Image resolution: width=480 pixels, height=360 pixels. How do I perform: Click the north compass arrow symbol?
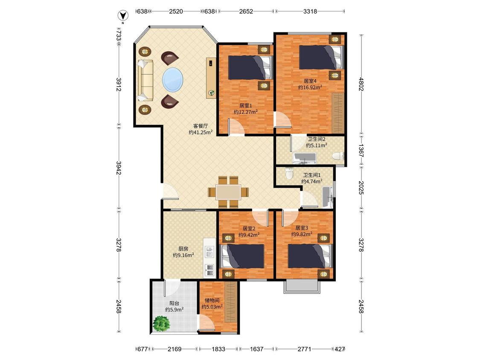click(x=123, y=16)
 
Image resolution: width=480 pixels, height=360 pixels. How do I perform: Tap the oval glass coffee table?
click(x=173, y=80)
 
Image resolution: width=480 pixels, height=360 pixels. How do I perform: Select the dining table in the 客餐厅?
click(x=228, y=192)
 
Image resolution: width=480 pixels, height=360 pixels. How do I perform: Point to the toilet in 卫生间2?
click(x=337, y=156)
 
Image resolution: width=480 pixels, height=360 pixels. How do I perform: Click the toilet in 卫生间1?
click(x=289, y=174)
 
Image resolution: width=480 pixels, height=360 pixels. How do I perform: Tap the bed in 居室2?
click(x=242, y=256)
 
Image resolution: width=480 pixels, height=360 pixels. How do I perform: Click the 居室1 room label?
click(x=245, y=106)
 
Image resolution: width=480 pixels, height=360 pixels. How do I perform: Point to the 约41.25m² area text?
click(x=201, y=132)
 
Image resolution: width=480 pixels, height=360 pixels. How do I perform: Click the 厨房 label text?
click(x=183, y=249)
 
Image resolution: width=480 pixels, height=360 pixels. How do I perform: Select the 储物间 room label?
click(x=212, y=300)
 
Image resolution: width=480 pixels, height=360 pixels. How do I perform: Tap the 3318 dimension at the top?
click(x=310, y=12)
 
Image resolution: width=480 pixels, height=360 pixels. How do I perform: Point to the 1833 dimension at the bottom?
click(x=218, y=348)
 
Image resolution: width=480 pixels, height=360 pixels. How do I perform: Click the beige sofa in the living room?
click(x=145, y=80)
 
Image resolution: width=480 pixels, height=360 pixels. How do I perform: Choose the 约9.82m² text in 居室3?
click(x=302, y=234)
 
